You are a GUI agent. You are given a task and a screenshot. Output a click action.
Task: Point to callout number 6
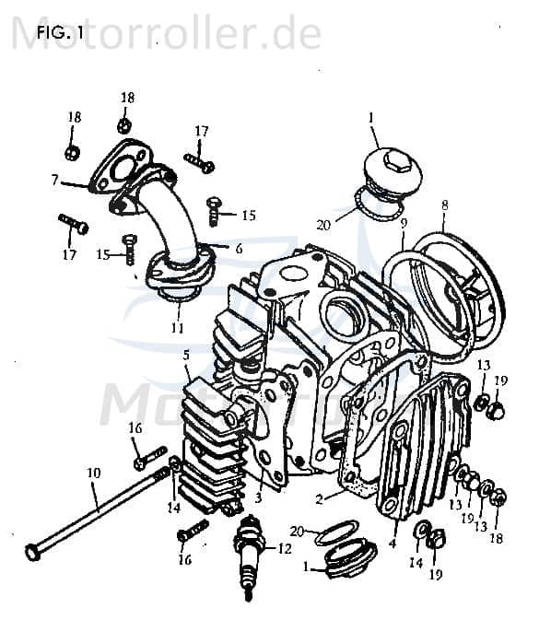click(238, 248)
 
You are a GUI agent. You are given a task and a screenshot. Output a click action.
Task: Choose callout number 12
click(283, 549)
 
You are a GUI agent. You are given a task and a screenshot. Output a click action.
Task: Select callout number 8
click(444, 205)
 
